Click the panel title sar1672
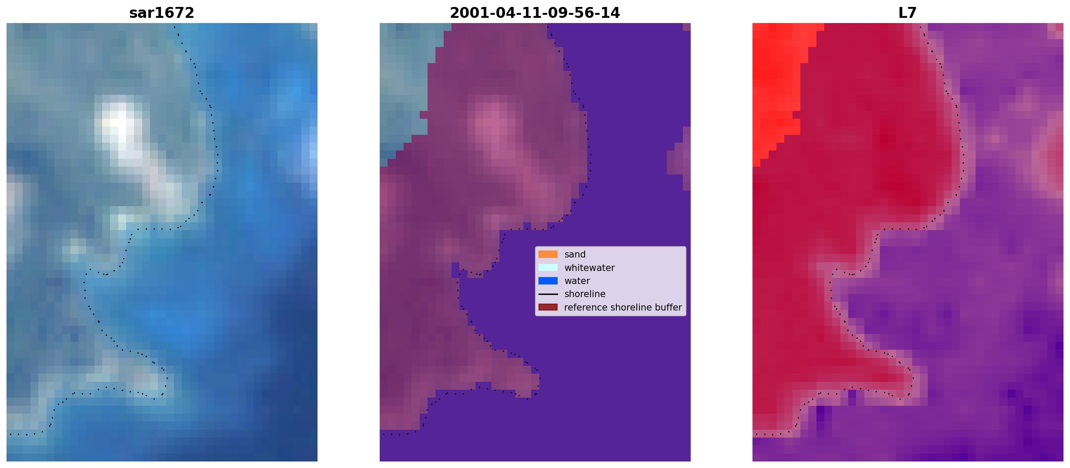click(162, 13)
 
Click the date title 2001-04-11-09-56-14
click(535, 13)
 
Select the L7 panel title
click(908, 13)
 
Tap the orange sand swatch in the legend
click(548, 254)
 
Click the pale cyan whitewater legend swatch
click(548, 267)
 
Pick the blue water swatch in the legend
click(548, 281)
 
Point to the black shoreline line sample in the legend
click(548, 294)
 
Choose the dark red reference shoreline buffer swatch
click(548, 307)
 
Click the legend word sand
click(575, 254)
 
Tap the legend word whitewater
click(589, 268)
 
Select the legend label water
click(577, 281)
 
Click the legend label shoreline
click(585, 294)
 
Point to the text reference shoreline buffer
click(623, 308)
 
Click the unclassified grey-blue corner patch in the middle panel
click(407, 87)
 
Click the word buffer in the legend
click(668, 308)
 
